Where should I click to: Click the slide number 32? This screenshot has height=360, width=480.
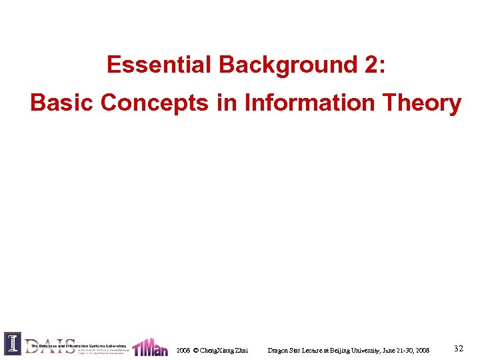(458, 348)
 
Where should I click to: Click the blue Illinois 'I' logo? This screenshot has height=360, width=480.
(13, 343)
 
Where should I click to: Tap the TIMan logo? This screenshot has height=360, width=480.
(150, 347)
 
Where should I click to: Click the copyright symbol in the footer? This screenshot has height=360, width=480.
(195, 350)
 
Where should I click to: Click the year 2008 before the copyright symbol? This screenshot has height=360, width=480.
(183, 350)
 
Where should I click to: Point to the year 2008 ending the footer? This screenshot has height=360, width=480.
(423, 350)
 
